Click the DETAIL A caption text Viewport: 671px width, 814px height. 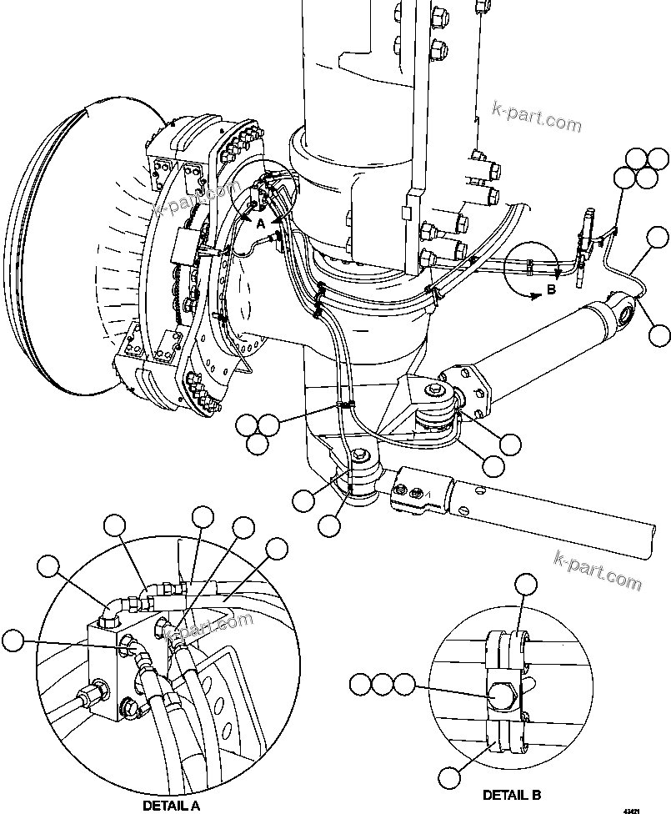point(170,806)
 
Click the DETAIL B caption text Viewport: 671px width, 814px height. point(518,794)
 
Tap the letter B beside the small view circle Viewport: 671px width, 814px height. point(550,290)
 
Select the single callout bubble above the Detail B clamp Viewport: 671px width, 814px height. point(525,586)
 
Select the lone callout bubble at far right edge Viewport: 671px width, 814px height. point(659,334)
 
